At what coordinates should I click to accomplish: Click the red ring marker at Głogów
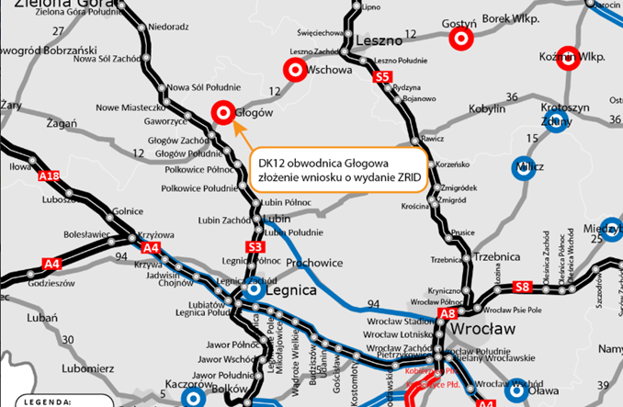point(222,112)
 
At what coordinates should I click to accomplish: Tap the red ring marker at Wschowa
point(295,69)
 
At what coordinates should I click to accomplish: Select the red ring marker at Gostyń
point(460,40)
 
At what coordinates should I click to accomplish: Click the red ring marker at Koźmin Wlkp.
point(567,58)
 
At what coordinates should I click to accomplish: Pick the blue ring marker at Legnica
point(254,290)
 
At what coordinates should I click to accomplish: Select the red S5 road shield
point(383,78)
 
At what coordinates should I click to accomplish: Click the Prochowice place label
point(314,264)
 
